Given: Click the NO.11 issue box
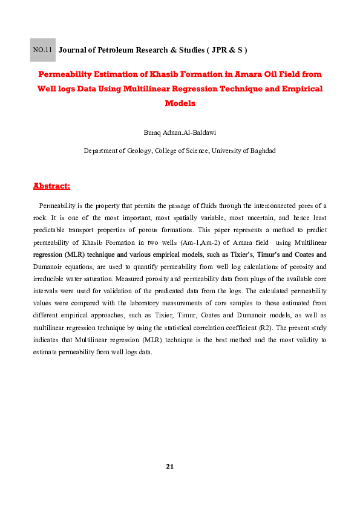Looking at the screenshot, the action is coord(42,50).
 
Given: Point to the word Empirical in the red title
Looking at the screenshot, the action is coord(299,88).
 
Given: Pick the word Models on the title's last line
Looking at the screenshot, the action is coord(180,103).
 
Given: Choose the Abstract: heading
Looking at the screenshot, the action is coord(51,185).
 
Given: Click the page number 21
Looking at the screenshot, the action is coord(170,467).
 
